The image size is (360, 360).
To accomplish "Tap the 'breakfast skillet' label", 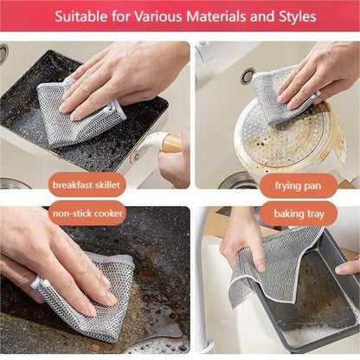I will coord(87,185).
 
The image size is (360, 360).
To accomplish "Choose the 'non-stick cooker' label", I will coord(88,212).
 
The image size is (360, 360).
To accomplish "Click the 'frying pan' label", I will coord(299,185).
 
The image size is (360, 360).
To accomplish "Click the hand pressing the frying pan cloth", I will coord(325,74).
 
